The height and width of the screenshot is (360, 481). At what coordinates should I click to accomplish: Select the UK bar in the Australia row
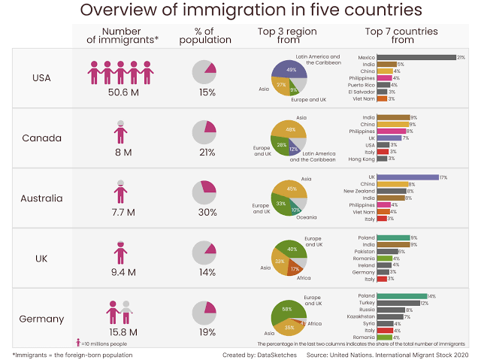407,177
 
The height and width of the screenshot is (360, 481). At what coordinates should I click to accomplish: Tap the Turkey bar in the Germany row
398,303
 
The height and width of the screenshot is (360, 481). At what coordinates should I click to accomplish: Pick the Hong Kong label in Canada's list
361,159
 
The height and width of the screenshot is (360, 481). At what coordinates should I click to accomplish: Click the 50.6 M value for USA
120,92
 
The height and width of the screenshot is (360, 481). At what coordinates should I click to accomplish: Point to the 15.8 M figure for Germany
120,331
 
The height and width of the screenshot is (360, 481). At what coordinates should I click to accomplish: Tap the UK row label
42,258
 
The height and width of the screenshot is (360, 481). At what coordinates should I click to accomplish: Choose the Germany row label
42,318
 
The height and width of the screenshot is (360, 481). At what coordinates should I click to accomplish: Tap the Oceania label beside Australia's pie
306,217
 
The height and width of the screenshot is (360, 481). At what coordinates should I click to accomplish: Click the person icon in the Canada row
120,132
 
